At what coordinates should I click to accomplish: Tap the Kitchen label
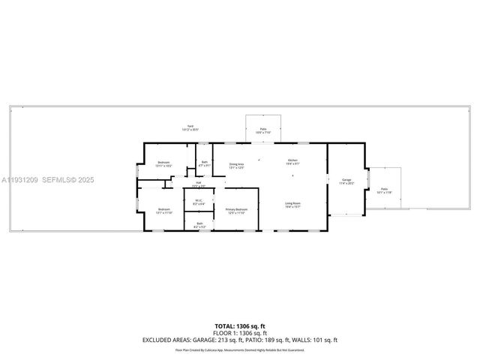[x=292, y=161]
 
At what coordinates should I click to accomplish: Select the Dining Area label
[x=236, y=165]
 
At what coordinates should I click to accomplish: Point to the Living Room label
[x=292, y=203]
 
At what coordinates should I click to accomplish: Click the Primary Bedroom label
[x=236, y=210]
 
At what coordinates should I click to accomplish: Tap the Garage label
[x=346, y=180]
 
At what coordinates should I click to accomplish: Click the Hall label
[x=198, y=182]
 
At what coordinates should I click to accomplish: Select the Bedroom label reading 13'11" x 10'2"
[x=163, y=163]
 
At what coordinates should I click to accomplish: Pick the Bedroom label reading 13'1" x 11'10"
[x=163, y=210]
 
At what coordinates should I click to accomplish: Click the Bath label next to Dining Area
[x=204, y=163]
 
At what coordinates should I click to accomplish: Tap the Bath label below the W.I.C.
[x=199, y=223]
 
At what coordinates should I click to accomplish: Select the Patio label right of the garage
[x=384, y=190]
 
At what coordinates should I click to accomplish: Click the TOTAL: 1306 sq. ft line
[x=240, y=326]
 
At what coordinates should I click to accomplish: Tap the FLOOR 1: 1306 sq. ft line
[x=240, y=333]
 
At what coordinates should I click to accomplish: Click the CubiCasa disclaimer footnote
[x=240, y=349]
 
